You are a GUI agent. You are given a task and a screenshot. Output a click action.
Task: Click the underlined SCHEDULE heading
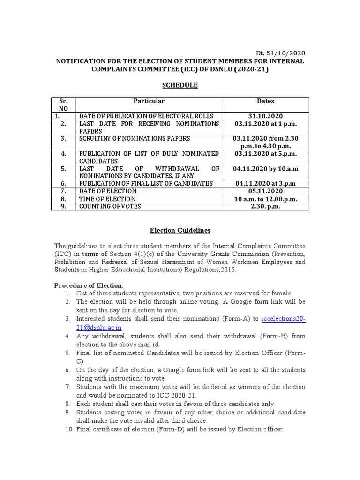(x=180, y=85)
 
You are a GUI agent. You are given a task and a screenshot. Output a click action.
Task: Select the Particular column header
(x=149, y=101)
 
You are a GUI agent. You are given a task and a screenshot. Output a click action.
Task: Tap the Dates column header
(x=265, y=101)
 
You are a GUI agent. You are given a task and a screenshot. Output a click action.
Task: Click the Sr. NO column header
(x=63, y=104)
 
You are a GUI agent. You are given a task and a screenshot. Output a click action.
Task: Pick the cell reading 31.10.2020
(x=265, y=116)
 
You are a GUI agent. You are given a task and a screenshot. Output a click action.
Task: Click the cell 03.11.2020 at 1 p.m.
(x=265, y=124)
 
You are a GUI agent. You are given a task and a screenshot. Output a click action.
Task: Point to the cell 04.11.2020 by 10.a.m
(x=265, y=168)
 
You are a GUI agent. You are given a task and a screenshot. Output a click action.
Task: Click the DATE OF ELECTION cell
(x=108, y=191)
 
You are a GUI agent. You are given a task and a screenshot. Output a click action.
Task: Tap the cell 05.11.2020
(x=265, y=191)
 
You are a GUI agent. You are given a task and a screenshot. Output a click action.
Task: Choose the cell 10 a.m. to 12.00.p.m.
(x=265, y=199)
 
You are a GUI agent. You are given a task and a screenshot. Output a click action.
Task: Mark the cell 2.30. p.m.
(x=265, y=206)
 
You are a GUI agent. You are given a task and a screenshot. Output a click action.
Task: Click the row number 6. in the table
(x=63, y=183)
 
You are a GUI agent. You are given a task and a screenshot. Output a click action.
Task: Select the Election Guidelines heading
(x=180, y=230)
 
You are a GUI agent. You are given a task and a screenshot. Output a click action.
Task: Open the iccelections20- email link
(x=283, y=319)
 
